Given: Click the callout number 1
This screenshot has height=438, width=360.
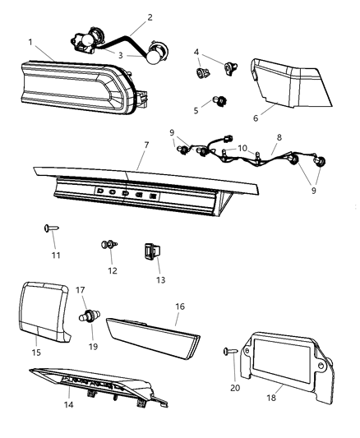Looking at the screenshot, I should (x=30, y=41).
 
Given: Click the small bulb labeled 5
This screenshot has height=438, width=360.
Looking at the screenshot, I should (x=218, y=101).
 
